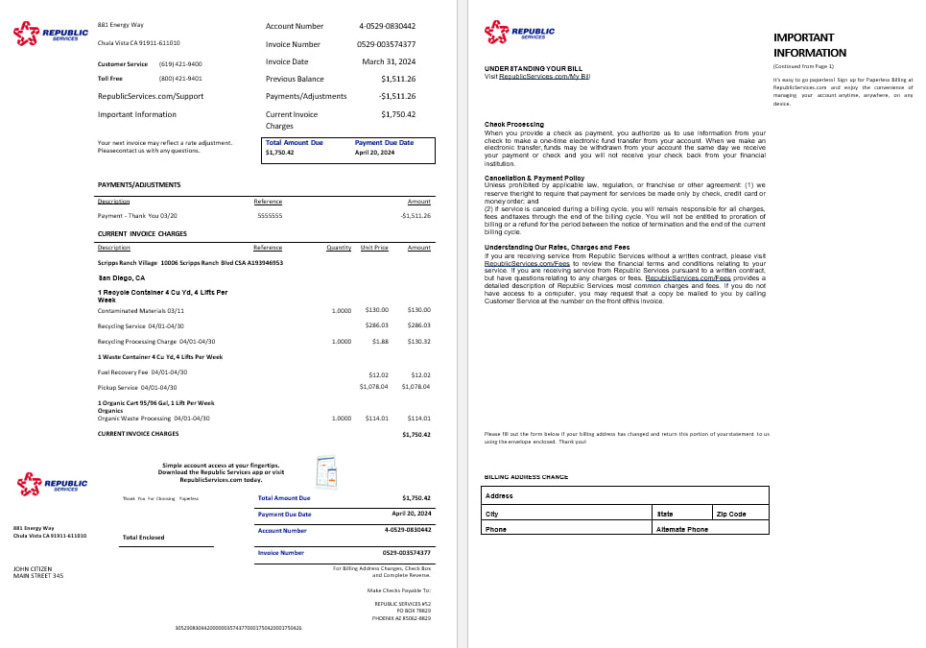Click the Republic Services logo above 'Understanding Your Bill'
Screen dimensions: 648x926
[519, 34]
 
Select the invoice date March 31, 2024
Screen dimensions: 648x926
[389, 61]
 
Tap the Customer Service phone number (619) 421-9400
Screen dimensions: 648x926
[180, 63]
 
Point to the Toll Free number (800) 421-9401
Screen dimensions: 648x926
[180, 79]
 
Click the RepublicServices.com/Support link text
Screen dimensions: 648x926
[151, 96]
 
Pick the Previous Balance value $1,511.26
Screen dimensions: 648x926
[397, 79]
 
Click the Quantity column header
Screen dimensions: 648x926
[339, 248]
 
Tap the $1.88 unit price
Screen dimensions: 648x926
[380, 341]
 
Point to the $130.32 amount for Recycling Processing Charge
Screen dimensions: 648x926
[419, 341]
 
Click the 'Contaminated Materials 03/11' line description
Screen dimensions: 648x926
[141, 310]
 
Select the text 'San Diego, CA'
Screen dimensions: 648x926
[122, 277]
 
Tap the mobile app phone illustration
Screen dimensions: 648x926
[326, 471]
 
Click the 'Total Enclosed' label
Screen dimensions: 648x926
[144, 538]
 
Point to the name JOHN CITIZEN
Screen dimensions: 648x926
[34, 568]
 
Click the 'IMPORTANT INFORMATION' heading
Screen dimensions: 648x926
[809, 45]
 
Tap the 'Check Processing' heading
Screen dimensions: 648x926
[513, 125]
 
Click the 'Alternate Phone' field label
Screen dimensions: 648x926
[681, 529]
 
